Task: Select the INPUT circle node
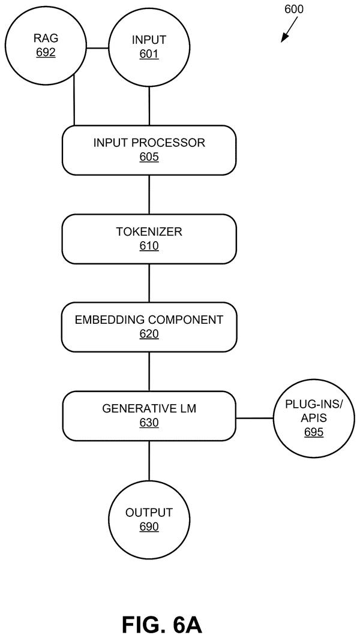[x=149, y=47]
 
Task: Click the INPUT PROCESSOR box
[x=149, y=150]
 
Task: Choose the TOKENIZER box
[x=149, y=239]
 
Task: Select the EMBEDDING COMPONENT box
[x=149, y=327]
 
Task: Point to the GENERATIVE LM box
[x=149, y=416]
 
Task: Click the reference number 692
[x=46, y=53]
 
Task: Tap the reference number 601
[x=149, y=53]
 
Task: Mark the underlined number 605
[x=149, y=157]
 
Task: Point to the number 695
[x=314, y=432]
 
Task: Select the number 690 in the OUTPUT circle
[x=149, y=526]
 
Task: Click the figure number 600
[x=293, y=10]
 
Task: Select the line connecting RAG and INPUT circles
[x=97, y=48]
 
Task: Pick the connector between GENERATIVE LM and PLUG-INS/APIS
[x=254, y=418]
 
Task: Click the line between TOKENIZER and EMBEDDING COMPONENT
[x=149, y=283]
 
